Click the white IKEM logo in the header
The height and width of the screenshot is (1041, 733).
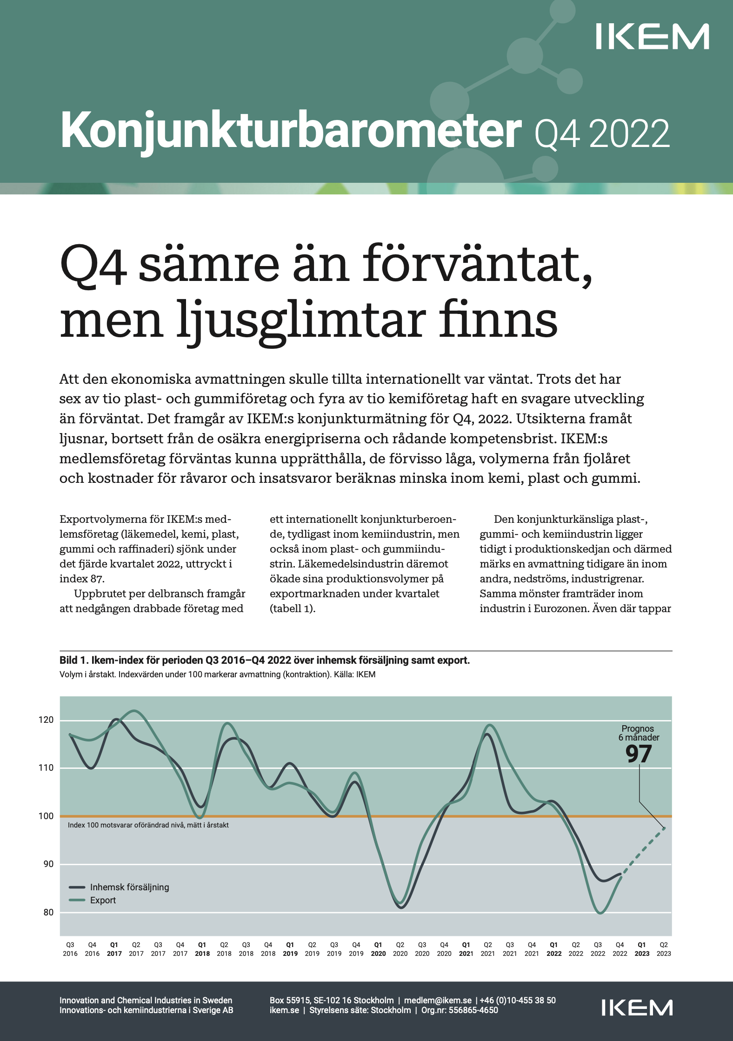click(x=652, y=37)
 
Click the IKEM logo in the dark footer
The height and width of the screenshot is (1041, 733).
click(x=637, y=1008)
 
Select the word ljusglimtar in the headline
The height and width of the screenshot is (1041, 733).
click(x=300, y=321)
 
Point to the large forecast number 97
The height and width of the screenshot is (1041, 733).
click(x=638, y=754)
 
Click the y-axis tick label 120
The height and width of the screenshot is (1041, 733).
click(x=46, y=720)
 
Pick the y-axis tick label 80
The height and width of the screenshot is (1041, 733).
click(x=48, y=913)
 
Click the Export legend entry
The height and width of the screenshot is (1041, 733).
click(x=103, y=900)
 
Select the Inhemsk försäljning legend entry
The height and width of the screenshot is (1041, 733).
click(x=129, y=887)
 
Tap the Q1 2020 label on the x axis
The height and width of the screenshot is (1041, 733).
click(x=378, y=949)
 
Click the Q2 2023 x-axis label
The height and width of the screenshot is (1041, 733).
click(x=664, y=949)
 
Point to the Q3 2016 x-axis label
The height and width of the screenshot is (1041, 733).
click(x=70, y=949)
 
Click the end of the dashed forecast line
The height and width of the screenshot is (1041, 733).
click(x=664, y=828)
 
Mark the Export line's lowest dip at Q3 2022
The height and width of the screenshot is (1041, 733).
click(x=600, y=913)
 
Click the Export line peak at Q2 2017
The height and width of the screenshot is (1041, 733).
click(x=134, y=711)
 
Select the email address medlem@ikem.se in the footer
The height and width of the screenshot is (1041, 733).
click(x=438, y=1000)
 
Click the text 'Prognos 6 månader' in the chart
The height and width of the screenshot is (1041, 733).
click(x=638, y=733)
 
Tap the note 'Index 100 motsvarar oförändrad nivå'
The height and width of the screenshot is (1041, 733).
click(x=148, y=825)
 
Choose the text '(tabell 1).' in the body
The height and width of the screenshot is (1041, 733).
click(x=293, y=608)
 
